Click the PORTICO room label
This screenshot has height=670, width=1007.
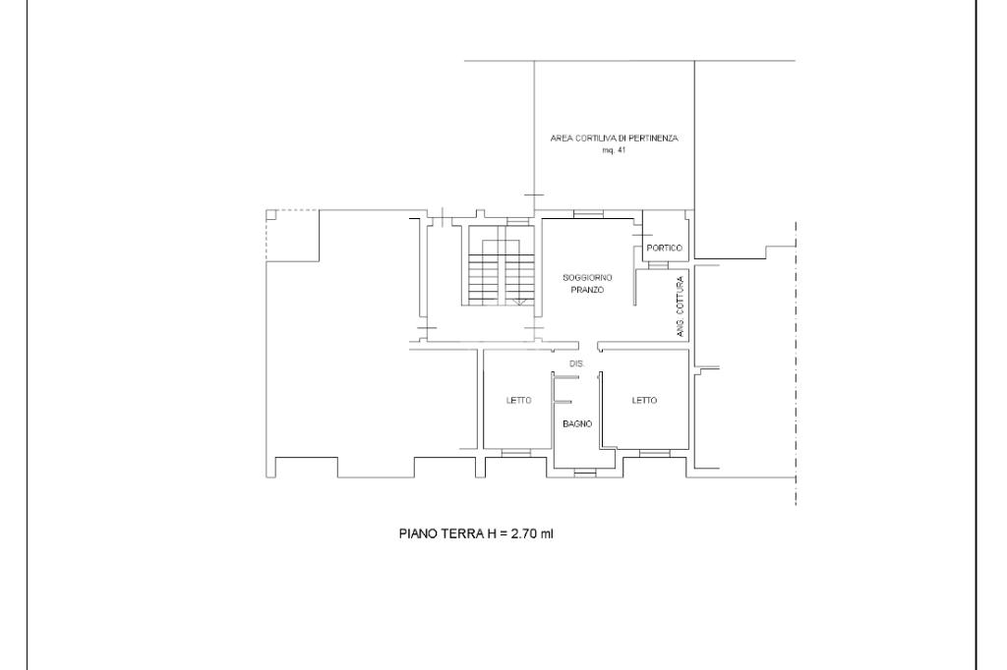(x=664, y=248)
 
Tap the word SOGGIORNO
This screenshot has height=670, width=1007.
(x=587, y=278)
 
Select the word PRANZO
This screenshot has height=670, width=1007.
(x=587, y=290)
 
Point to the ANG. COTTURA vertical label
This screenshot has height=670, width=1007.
(x=681, y=307)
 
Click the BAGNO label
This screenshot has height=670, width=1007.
(x=577, y=424)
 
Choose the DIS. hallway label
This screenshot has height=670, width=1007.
(x=576, y=363)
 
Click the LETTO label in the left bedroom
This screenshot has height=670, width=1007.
(x=519, y=401)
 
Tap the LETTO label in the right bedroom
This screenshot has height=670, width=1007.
(x=644, y=401)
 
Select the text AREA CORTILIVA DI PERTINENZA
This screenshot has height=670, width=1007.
(x=614, y=138)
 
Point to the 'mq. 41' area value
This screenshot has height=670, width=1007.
(x=614, y=151)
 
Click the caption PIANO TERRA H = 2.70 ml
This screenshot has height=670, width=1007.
(x=476, y=533)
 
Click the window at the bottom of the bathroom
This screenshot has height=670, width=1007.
(x=584, y=474)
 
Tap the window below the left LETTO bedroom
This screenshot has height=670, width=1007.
(x=516, y=454)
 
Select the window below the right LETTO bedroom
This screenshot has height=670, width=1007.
(x=655, y=454)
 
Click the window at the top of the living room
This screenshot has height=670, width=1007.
(x=588, y=214)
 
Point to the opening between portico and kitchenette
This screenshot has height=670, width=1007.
(x=658, y=265)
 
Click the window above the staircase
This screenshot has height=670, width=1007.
(x=517, y=222)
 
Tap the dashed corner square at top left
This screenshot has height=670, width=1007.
(x=292, y=236)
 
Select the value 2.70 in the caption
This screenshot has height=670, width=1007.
(x=523, y=533)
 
